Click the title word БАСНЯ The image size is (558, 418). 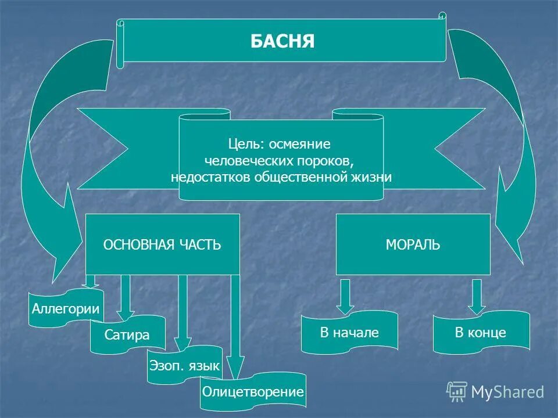coord(282,41)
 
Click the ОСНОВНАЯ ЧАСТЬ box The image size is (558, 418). coord(162,244)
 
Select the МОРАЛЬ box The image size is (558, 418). coord(413,244)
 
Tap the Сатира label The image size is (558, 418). coord(127,335)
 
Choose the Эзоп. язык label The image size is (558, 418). coord(184,366)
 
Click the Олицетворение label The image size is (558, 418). coord(253,392)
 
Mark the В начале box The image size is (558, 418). coord(349,333)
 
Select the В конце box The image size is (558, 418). coord(481,333)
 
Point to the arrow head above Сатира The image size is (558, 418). coord(126,307)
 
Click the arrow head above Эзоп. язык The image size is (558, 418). coord(183,343)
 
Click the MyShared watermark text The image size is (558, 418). coord(507,392)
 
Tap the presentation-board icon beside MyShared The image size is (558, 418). coord(457,392)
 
